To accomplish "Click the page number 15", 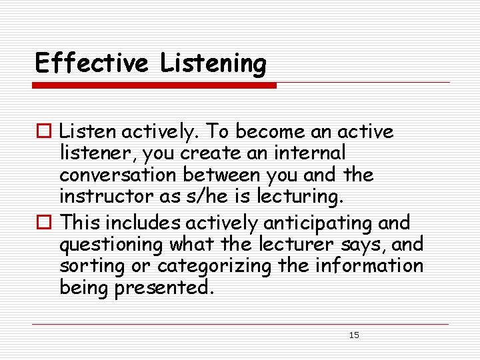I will click(x=354, y=335).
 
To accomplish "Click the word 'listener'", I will click(x=93, y=153).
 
